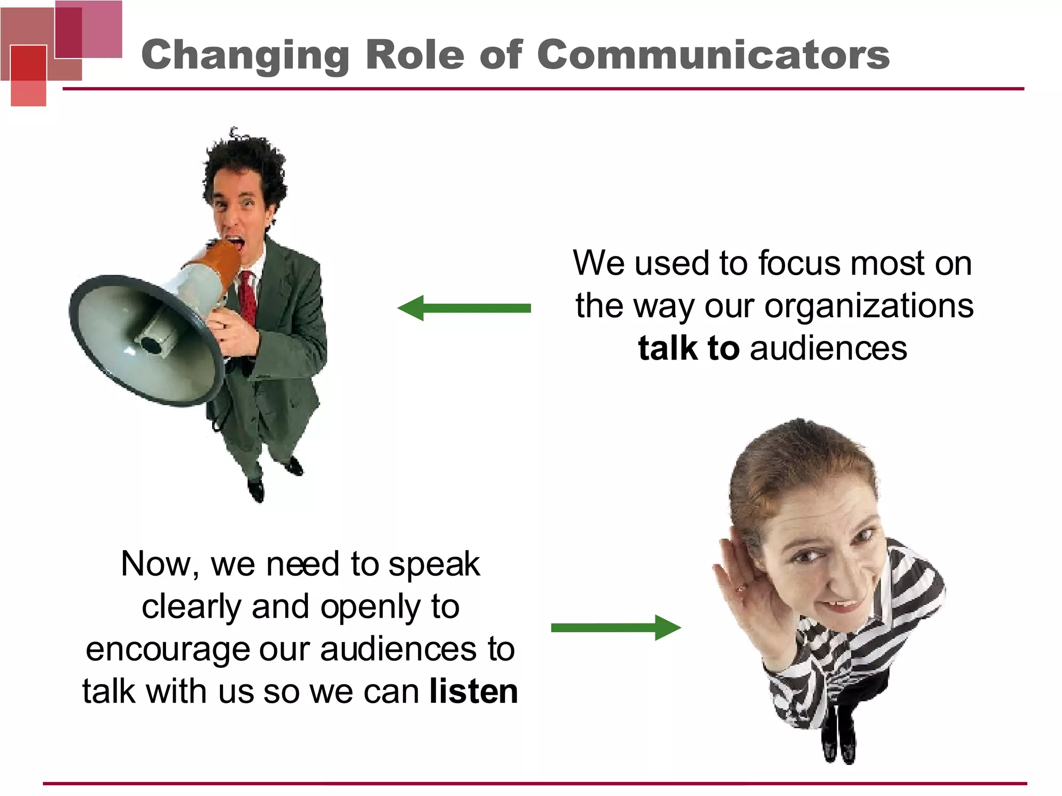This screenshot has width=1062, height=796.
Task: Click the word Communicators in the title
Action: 713,55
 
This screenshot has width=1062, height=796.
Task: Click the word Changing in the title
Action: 245,56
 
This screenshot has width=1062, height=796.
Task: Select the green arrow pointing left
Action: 464,308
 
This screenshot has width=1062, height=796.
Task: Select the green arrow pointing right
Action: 616,628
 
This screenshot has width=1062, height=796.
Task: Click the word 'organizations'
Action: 869,306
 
